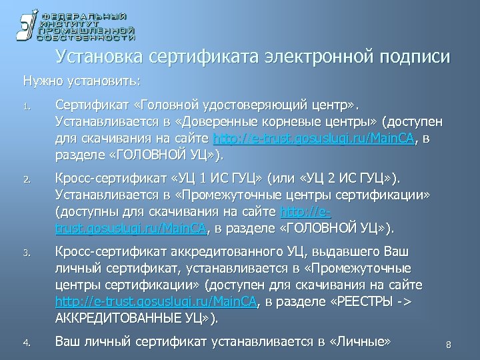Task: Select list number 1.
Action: point(25,106)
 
